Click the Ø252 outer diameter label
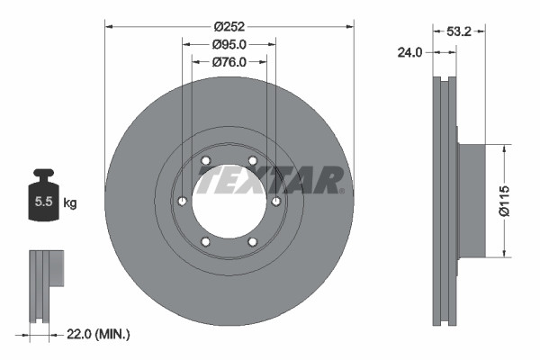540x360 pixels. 229,27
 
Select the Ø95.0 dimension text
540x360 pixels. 229,44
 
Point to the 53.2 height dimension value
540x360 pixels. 461,31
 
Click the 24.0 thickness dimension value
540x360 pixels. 410,53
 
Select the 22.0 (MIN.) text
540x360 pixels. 101,334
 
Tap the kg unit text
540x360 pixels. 70,203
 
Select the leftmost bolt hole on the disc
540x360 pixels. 183,201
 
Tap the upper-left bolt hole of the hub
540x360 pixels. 206,161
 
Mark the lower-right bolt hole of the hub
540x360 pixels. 253,240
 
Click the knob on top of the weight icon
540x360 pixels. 42,174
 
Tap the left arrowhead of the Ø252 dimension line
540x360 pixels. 109,27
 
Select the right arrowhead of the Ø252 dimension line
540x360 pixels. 350,27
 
